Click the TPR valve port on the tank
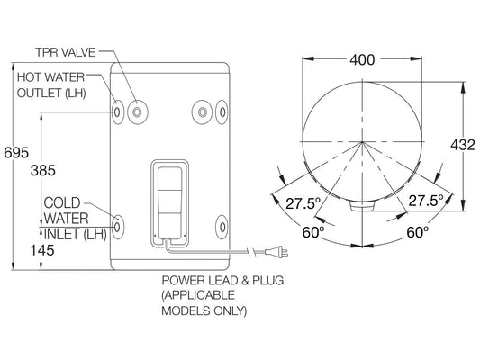tap(137, 111)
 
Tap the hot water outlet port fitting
tap(118, 111)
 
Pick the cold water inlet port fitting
tap(118, 220)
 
